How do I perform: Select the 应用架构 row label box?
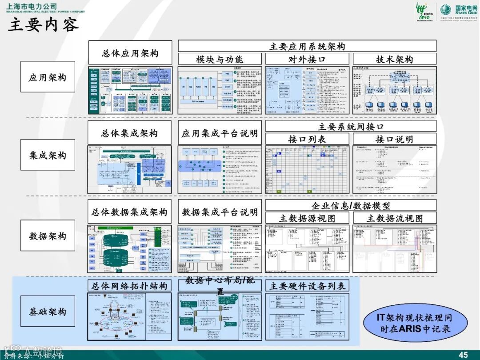[x=48, y=77]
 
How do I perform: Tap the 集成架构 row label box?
[x=48, y=155]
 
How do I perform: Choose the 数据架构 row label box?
[x=48, y=236]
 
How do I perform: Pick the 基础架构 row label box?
[x=48, y=312]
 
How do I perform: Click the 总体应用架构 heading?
[x=130, y=53]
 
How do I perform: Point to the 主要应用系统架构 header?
[x=307, y=46]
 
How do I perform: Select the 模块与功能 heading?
[x=220, y=59]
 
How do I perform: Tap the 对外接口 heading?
[x=307, y=59]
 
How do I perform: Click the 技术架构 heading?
[x=395, y=59]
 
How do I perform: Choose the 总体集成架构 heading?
[x=129, y=133]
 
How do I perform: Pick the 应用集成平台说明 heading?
[x=220, y=133]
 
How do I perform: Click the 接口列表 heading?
[x=307, y=139]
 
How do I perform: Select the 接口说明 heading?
[x=395, y=139]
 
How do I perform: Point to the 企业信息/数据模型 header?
[x=351, y=205]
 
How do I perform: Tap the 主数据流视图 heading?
[x=395, y=218]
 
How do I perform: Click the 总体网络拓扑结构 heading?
[x=129, y=286]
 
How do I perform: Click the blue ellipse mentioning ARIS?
[x=415, y=323]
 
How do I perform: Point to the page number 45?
[x=463, y=354]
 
